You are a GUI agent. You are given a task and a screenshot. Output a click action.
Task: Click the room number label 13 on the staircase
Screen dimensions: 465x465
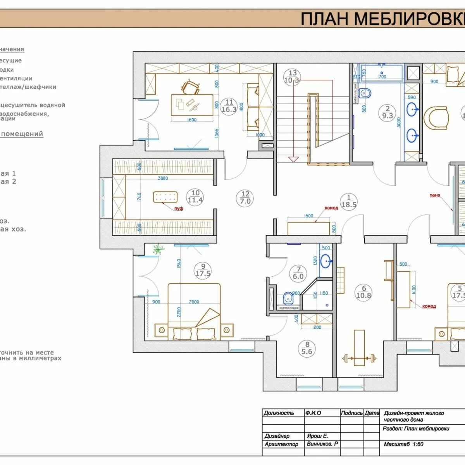293,76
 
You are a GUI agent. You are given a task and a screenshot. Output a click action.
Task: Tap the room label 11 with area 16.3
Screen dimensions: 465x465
229,106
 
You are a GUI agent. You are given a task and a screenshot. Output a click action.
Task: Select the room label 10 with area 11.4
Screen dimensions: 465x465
195,196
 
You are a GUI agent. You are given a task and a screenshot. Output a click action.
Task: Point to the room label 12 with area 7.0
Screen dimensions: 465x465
245,198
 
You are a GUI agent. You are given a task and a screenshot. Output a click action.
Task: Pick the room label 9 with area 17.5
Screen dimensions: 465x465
203,270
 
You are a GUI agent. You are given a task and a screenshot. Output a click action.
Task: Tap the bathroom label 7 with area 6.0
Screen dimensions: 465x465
298,273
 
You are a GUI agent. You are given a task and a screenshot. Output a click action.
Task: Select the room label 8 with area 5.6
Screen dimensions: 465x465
307,348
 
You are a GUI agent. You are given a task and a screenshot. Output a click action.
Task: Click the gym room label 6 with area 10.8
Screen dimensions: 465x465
363,292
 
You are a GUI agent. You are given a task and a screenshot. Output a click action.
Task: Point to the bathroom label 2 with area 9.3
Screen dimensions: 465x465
387,112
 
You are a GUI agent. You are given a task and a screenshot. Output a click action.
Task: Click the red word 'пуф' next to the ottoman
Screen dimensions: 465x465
179,208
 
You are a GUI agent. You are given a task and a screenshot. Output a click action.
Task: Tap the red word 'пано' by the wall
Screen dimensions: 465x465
435,195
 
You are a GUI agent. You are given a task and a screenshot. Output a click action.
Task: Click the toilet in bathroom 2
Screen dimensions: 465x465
365,93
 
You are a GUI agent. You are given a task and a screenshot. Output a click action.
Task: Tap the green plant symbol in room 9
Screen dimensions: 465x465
158,250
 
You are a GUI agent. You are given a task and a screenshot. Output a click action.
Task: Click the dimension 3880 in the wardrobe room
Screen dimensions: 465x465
163,178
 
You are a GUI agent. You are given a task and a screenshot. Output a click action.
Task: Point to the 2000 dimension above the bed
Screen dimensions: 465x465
194,302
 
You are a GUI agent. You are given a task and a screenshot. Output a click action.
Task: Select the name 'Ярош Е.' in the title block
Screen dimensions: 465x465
317,436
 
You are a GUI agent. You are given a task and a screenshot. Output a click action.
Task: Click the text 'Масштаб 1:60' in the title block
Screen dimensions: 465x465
403,444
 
